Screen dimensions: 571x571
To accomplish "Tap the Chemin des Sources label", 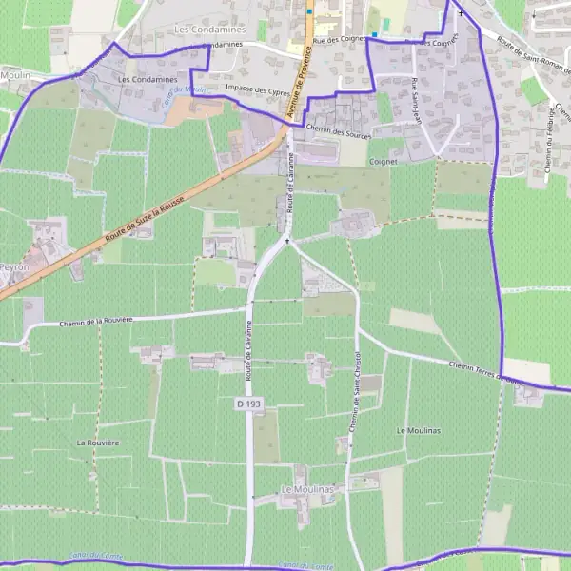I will (x=339, y=133).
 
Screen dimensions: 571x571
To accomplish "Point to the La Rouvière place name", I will (x=98, y=443).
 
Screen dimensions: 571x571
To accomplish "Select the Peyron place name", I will (x=13, y=268).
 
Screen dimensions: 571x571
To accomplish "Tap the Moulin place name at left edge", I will (x=15, y=74).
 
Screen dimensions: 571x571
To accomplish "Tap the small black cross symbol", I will (x=462, y=14).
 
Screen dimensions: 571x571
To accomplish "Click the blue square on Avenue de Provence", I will (x=309, y=12).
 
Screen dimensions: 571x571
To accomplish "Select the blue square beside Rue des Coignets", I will (x=375, y=35).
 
